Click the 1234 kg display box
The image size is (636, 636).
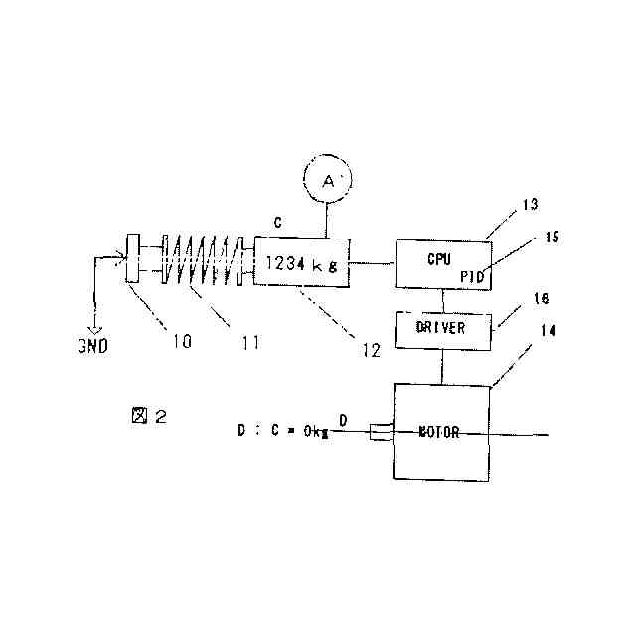click(x=302, y=262)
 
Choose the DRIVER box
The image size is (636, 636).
click(x=443, y=328)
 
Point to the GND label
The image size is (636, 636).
click(x=93, y=346)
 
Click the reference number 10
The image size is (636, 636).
click(x=181, y=342)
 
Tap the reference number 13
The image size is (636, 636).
click(x=528, y=205)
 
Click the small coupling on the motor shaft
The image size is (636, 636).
click(x=379, y=433)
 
